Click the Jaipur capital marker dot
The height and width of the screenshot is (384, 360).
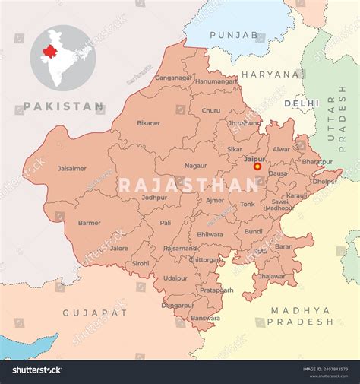pyautogui.click(x=257, y=166)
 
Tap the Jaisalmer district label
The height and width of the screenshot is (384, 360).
pyautogui.click(x=72, y=168)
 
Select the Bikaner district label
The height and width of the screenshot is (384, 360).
pyautogui.click(x=149, y=122)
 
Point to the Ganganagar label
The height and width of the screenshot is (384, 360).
pyautogui.click(x=174, y=78)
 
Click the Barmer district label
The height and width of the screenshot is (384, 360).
pyautogui.click(x=89, y=223)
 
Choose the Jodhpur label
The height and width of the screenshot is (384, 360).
pyautogui.click(x=154, y=197)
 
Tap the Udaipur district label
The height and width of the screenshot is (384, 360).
pyautogui.click(x=175, y=278)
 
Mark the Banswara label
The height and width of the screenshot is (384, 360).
pyautogui.click(x=205, y=318)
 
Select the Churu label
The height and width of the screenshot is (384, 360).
pyautogui.click(x=210, y=110)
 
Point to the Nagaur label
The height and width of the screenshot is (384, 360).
pyautogui.click(x=195, y=165)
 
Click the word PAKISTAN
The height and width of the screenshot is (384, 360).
pyautogui.click(x=64, y=107)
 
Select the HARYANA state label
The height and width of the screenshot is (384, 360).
pyautogui.click(x=271, y=75)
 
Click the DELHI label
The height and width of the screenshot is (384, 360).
pyautogui.click(x=302, y=103)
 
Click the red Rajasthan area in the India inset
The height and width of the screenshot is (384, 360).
pyautogui.click(x=50, y=51)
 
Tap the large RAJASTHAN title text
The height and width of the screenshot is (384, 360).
pyautogui.click(x=188, y=185)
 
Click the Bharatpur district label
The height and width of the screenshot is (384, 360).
pyautogui.click(x=317, y=161)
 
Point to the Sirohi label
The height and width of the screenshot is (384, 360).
pyautogui.click(x=141, y=263)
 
